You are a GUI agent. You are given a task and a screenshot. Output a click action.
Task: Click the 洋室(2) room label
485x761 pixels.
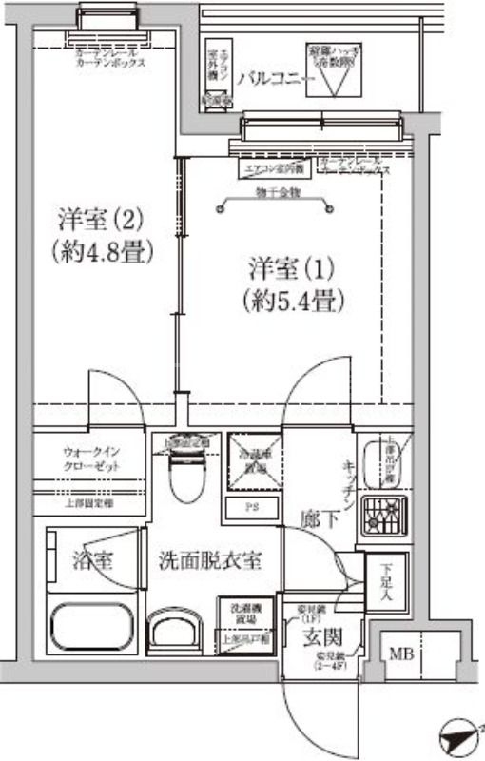click(98, 220)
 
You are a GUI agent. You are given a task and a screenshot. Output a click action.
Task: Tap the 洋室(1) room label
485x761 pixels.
click(292, 265)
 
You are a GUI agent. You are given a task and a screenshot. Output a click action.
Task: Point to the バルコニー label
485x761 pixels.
click(270, 78)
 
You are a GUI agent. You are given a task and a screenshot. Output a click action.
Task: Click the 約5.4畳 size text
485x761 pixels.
click(292, 301)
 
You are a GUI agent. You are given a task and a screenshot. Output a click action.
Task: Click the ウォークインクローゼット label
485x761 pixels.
click(91, 459)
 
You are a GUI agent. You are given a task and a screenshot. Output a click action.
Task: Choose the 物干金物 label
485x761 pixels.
click(278, 193)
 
